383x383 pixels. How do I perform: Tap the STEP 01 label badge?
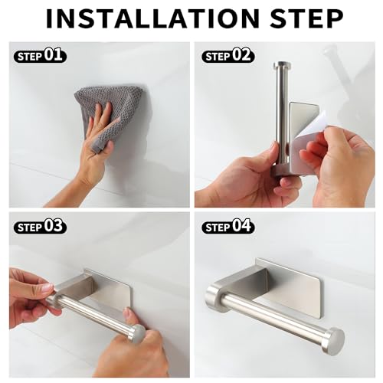[40, 56]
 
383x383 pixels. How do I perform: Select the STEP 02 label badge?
[228, 56]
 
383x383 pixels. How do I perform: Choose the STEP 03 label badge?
[40, 227]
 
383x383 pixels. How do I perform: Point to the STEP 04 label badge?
[228, 227]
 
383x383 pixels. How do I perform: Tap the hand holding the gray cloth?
[95, 149]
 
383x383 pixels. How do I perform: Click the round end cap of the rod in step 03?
[137, 334]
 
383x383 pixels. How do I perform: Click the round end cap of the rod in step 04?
[333, 340]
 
